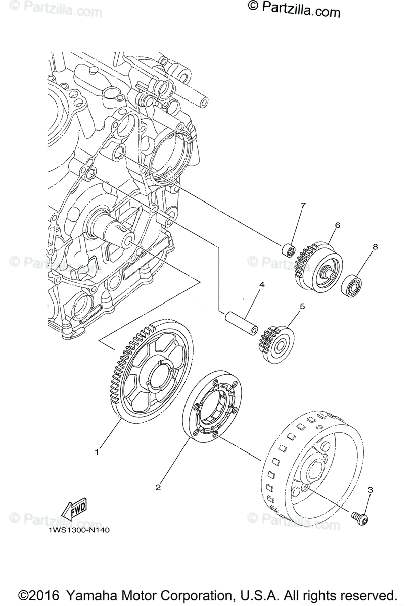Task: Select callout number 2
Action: (158, 487)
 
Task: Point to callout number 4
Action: (261, 285)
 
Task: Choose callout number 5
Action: (302, 306)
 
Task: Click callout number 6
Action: (337, 224)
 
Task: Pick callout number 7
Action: (303, 205)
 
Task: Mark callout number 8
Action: (375, 247)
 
